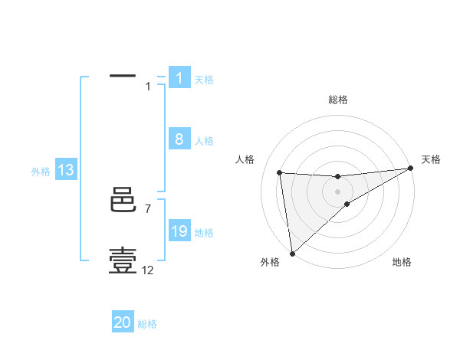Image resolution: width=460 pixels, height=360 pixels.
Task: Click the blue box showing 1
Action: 179,78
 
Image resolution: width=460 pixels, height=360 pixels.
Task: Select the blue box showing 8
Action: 179,139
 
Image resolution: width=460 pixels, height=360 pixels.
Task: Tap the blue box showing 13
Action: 66,171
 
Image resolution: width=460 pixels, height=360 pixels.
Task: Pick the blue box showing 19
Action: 179,232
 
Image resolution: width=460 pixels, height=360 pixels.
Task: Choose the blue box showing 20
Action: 123,322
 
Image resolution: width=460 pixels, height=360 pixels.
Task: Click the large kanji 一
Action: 123,77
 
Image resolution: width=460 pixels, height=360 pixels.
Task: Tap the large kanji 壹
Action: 123,261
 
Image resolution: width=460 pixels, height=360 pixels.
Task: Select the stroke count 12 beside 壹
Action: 148,270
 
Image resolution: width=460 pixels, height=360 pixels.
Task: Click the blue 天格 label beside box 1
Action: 204,80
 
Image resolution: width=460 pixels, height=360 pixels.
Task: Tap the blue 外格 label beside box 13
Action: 41,172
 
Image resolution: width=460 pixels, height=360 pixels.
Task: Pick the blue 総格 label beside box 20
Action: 147,324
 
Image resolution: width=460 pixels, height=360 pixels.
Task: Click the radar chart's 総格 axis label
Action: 337,100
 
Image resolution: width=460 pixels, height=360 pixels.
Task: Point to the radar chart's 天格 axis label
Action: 431,159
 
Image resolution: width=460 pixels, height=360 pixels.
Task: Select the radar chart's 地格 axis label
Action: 402,262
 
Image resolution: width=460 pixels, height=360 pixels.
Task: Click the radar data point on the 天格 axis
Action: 411,168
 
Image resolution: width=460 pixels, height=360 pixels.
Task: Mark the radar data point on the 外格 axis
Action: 292,253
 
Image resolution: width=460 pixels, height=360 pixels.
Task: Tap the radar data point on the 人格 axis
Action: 279,172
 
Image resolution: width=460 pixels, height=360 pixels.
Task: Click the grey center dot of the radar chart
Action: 337,191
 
